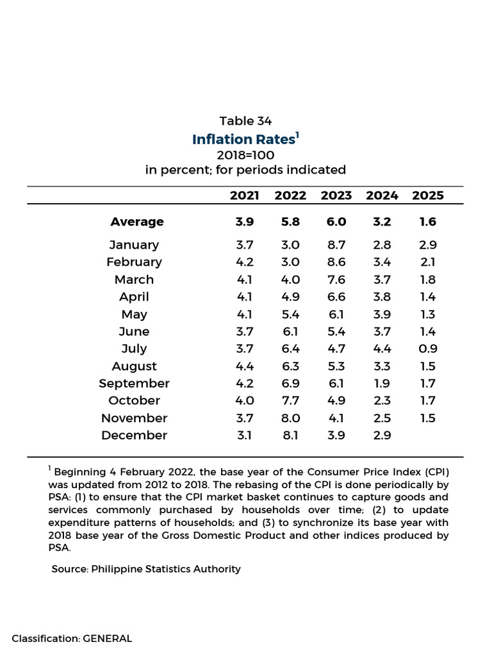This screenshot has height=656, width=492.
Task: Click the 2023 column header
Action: (336, 195)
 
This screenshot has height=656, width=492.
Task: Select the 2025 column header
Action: (427, 195)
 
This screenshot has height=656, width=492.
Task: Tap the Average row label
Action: (137, 222)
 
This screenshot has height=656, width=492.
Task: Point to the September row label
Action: (135, 384)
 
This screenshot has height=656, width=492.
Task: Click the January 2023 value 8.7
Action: (336, 245)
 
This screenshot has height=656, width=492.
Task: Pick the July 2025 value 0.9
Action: (427, 348)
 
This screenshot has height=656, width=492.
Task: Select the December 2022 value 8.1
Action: (290, 435)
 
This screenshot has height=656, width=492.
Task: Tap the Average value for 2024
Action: (382, 222)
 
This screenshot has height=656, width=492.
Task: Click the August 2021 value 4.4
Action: (245, 366)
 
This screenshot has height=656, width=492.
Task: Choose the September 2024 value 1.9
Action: (382, 383)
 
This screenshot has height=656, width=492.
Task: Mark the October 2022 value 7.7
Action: (290, 400)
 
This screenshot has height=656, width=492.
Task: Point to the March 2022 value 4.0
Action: (290, 279)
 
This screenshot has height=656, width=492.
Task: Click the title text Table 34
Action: (245, 121)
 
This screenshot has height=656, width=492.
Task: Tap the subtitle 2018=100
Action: (245, 155)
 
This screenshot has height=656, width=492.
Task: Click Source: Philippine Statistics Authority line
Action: (146, 569)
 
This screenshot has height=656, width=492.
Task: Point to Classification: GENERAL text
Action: (72, 639)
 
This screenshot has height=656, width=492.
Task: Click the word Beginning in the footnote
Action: (80, 472)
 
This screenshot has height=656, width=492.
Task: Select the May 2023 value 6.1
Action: (336, 314)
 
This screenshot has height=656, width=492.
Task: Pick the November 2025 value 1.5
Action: (427, 418)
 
